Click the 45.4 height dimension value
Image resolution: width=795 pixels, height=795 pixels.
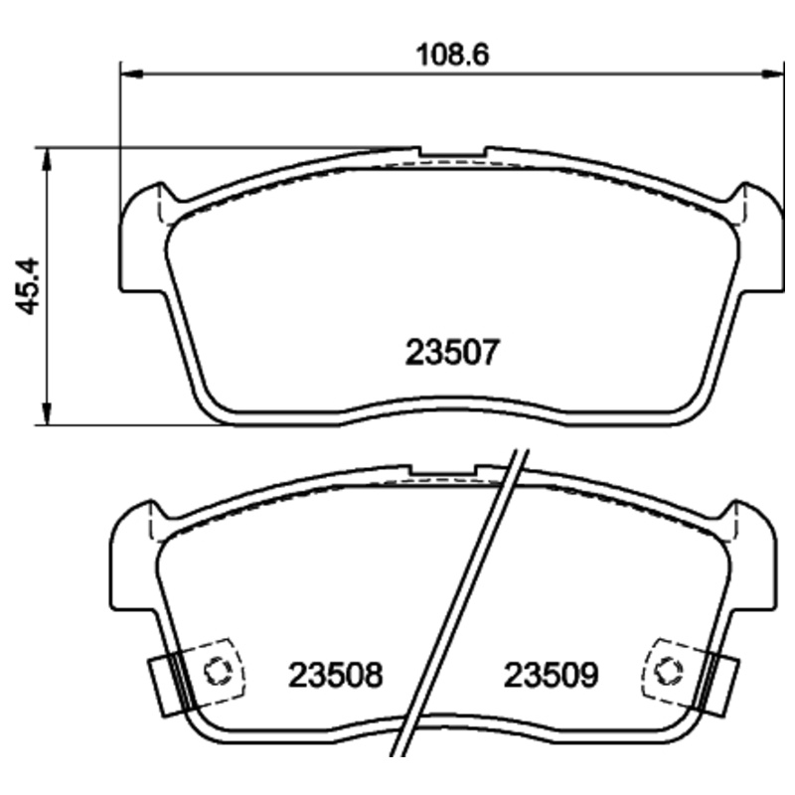tap(29, 286)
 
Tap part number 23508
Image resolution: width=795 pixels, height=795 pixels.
tap(335, 677)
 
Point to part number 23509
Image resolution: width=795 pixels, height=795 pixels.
tap(552, 677)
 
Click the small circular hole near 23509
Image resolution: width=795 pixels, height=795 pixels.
tap(670, 670)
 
